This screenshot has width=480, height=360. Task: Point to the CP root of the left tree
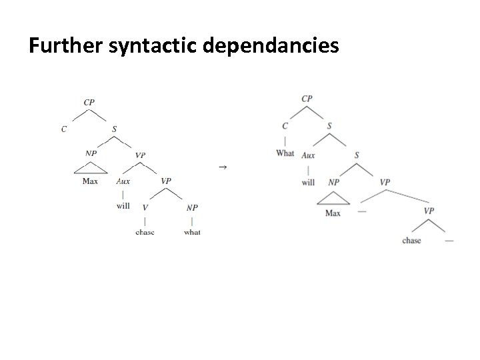tap(89, 102)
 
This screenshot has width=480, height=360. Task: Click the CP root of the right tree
tap(307, 99)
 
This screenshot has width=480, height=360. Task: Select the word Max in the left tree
tap(90, 181)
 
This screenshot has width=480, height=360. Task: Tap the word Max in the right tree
tap(333, 213)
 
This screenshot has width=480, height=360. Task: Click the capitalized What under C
tap(285, 153)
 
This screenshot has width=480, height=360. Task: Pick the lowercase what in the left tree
tap(192, 232)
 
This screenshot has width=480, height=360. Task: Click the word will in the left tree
tap(123, 206)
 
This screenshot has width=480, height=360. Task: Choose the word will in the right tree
tap(308, 181)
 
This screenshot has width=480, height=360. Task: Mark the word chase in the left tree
tap(145, 232)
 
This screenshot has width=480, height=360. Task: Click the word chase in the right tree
tap(412, 240)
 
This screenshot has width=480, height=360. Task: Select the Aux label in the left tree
tap(123, 181)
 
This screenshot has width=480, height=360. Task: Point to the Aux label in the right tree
tap(308, 155)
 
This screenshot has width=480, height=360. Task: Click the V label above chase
tap(145, 207)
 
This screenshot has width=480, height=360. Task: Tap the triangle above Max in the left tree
tap(90, 169)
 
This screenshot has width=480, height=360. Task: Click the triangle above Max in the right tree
tap(333, 199)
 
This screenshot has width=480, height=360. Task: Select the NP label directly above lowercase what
tap(192, 207)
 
